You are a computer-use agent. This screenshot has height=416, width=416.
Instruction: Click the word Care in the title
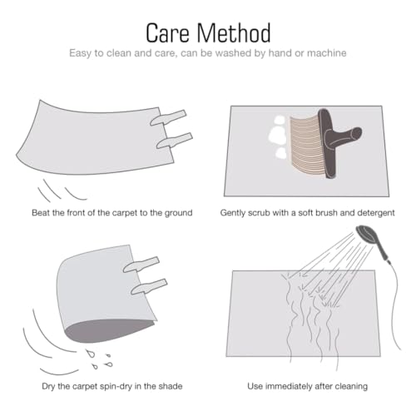click(x=168, y=33)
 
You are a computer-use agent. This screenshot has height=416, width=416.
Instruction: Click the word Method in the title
click(x=234, y=33)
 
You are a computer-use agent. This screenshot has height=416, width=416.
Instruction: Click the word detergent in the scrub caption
click(x=376, y=213)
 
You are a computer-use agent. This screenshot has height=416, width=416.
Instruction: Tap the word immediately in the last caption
click(x=289, y=386)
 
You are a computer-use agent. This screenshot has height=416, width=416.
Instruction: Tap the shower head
click(x=367, y=235)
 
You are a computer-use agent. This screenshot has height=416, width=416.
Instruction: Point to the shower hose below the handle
click(x=394, y=305)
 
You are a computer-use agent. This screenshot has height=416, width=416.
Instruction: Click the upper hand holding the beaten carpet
click(x=168, y=117)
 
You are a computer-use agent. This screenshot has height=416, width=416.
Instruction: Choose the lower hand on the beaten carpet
click(x=175, y=141)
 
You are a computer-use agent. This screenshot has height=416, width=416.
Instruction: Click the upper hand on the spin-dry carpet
click(x=141, y=265)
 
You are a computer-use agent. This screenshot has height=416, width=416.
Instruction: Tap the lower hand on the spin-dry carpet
click(x=149, y=286)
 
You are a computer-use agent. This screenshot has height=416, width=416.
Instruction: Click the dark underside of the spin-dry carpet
click(x=106, y=331)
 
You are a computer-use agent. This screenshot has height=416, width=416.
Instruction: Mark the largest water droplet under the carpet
click(x=91, y=354)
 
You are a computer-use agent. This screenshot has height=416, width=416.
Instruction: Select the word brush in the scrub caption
click(x=327, y=213)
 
